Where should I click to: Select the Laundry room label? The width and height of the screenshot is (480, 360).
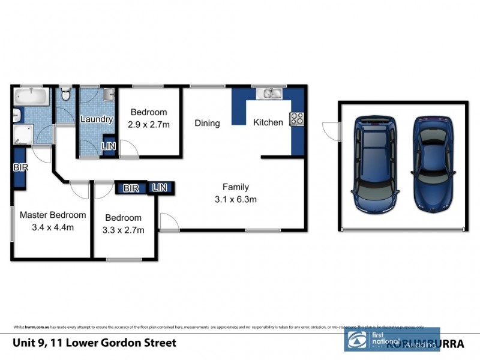coord(97,119)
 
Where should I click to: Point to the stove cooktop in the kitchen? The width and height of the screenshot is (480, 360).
coord(297,119)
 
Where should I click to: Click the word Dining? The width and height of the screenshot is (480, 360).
coord(207,123)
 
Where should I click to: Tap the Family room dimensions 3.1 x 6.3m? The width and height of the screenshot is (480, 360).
coord(236,200)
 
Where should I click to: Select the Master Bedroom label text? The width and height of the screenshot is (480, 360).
coord(53,215)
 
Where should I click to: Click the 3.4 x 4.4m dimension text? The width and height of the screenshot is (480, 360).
coord(53,227)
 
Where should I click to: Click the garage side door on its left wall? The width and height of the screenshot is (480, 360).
coord(331,128)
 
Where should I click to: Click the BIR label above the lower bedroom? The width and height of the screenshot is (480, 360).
coord(131,188)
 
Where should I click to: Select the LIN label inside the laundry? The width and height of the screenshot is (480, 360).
coord(109,146)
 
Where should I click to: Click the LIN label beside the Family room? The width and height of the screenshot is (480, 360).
coord(159,188)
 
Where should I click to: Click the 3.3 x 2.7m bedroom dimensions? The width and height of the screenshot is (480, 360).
coord(124,230)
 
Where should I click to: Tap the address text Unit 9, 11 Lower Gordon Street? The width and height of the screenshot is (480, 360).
coord(94,343)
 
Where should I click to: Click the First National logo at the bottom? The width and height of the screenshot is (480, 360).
coord(366,339)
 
